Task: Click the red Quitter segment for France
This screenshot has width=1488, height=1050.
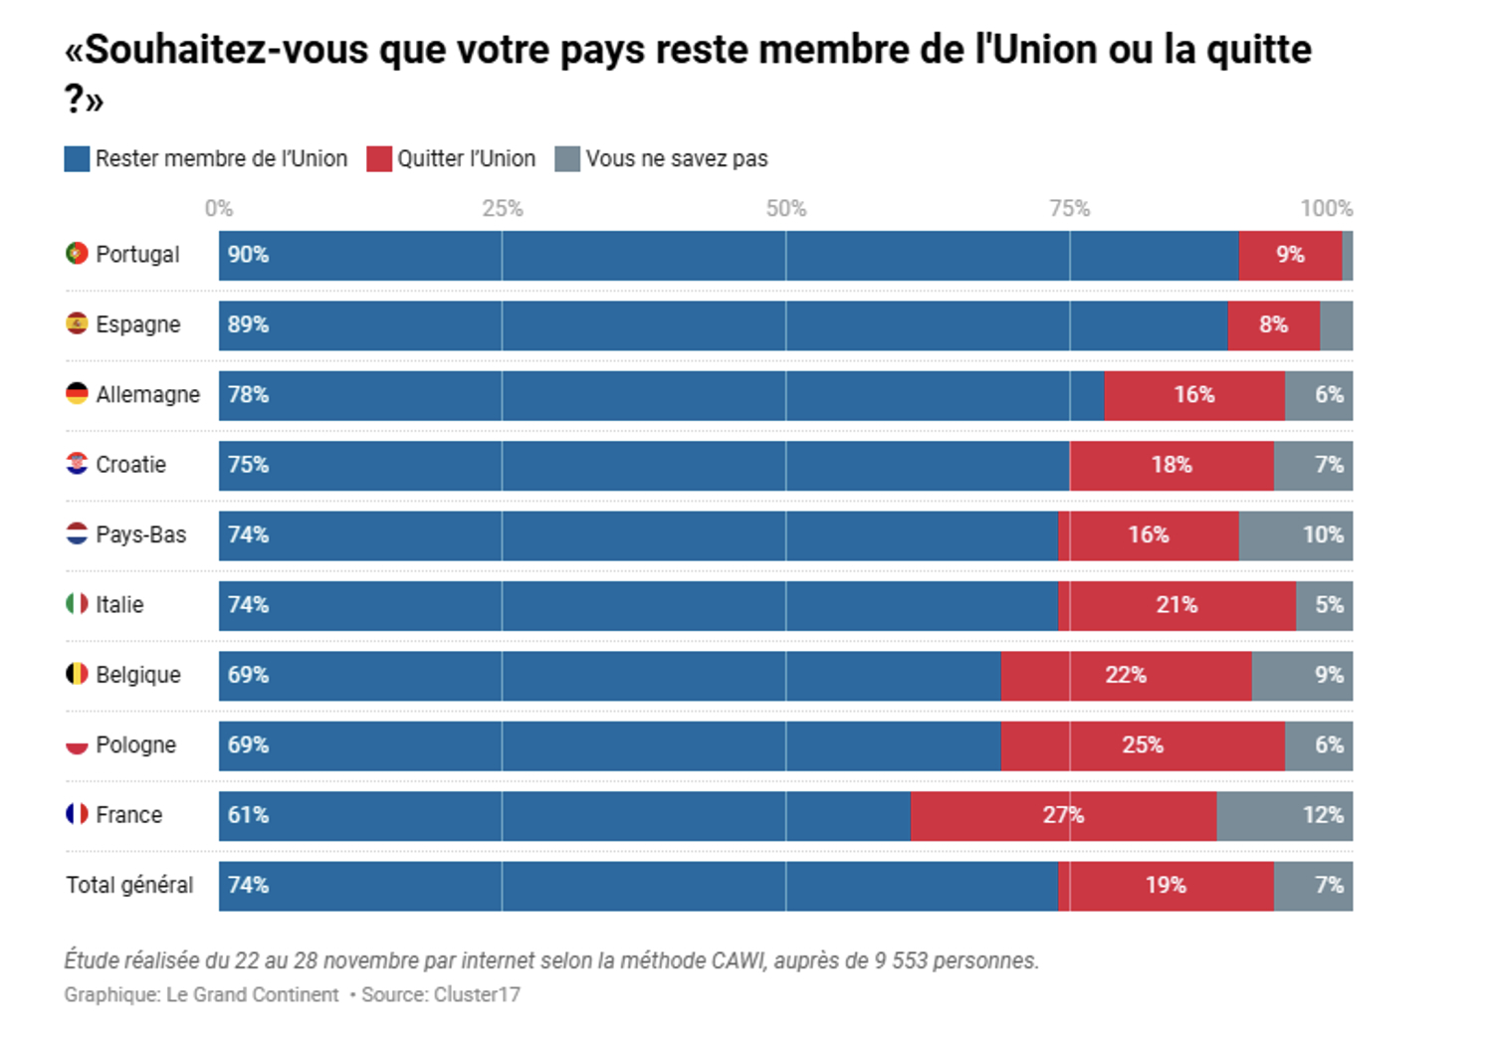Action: point(1063,816)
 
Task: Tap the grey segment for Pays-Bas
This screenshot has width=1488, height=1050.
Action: point(1295,535)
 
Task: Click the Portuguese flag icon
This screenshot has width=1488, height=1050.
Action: point(77,254)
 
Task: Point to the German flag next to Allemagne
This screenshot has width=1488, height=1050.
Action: point(77,394)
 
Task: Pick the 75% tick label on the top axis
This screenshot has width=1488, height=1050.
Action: point(1069,209)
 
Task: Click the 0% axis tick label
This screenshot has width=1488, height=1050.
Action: point(219,209)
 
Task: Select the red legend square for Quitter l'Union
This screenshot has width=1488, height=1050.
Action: point(379,159)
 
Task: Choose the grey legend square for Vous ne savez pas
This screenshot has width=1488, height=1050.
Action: point(567,159)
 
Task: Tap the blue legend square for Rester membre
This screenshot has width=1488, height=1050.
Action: point(77,159)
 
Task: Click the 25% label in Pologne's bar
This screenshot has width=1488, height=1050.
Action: point(1142,745)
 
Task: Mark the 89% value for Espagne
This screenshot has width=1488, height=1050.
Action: point(248,325)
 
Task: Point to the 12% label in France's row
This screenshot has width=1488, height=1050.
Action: point(1322,816)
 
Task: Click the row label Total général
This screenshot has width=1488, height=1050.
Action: point(129,886)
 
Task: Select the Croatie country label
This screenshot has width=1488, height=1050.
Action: point(130,465)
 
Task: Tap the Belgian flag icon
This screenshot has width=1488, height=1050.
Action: point(77,675)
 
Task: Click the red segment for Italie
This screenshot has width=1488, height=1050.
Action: point(1177,605)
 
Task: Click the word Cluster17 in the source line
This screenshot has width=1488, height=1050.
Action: point(477,995)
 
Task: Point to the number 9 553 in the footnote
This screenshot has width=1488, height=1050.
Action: point(902,961)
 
